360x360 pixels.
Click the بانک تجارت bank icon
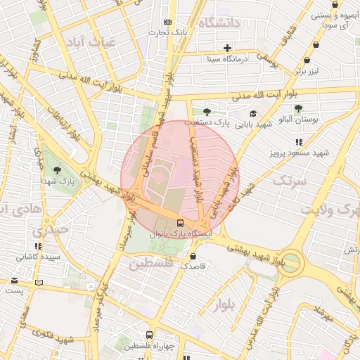coord(167,22)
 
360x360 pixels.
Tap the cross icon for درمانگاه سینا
coord(227,49)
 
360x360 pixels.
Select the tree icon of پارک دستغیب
coord(206,112)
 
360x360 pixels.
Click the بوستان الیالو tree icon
coord(299,108)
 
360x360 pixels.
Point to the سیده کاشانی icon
coord(37,246)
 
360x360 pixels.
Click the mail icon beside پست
coord(14,279)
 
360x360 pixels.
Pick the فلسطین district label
coord(150,263)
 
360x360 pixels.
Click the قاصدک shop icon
coord(193,256)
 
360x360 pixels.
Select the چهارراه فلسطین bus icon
coord(148,335)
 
